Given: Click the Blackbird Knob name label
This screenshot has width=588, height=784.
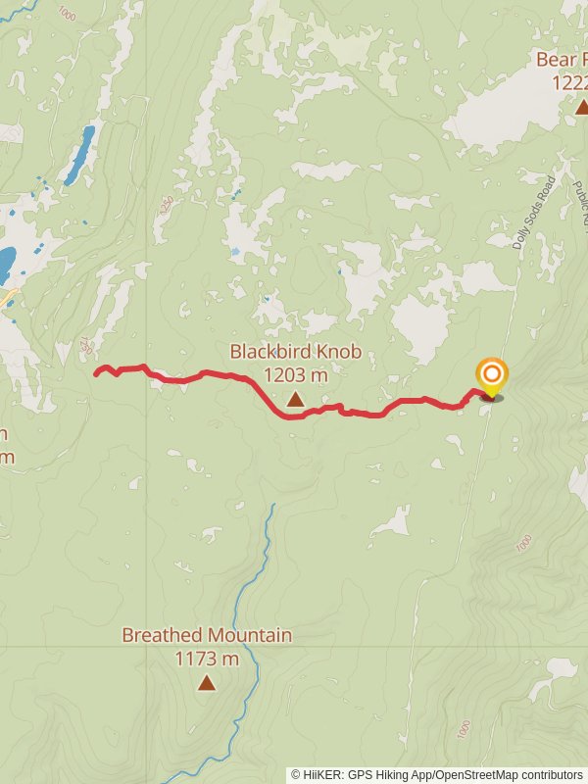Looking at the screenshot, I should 295,352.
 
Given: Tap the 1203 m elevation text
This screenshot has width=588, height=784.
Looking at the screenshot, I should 295,374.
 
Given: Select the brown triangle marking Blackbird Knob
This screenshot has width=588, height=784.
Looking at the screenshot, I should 295,399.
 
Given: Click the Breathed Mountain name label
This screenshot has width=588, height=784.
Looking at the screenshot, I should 207,635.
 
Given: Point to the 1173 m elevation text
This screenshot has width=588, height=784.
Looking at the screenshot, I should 207,659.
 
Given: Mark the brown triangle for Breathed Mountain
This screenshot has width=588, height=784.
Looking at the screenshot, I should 206,682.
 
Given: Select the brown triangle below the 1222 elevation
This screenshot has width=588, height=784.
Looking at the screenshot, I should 582,106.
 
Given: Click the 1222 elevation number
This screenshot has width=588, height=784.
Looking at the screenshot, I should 569,83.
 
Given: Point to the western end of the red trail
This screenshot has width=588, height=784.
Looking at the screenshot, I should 96,372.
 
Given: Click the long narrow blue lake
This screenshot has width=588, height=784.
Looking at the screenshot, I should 79,155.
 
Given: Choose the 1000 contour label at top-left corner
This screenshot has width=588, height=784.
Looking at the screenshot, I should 67,14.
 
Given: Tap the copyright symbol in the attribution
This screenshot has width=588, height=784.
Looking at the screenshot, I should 296,774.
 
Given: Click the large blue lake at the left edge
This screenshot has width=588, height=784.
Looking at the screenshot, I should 6,263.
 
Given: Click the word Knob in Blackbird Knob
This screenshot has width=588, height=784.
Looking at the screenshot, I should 339,352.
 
